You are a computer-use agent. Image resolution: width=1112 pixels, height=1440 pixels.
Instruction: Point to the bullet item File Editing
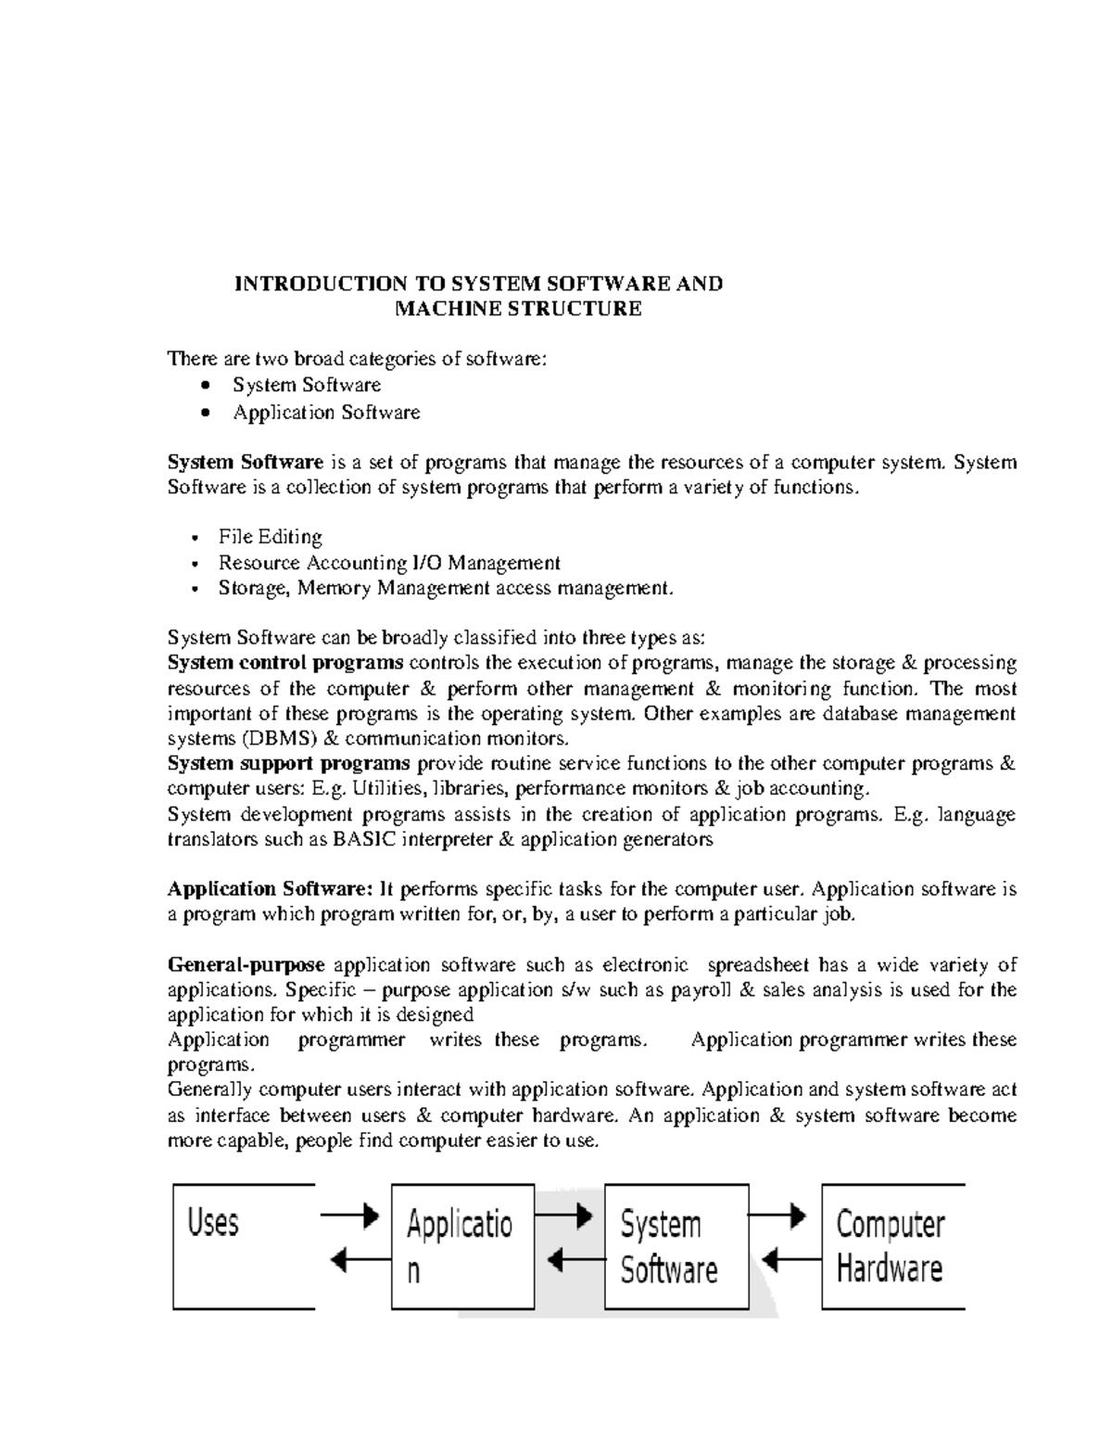click(x=270, y=537)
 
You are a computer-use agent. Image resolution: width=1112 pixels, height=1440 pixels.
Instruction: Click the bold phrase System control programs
click(x=284, y=663)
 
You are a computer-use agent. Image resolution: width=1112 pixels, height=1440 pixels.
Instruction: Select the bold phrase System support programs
click(x=288, y=763)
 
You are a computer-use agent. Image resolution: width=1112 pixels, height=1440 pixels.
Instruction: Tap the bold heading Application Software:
click(x=270, y=889)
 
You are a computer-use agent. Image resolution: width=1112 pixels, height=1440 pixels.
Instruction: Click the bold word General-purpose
click(x=246, y=965)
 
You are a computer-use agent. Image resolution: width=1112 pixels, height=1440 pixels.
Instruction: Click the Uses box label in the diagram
click(x=213, y=1222)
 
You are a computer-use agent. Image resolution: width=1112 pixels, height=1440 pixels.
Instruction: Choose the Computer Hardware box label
click(x=890, y=1246)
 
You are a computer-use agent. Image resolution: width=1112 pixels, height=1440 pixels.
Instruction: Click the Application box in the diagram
click(x=461, y=1246)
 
